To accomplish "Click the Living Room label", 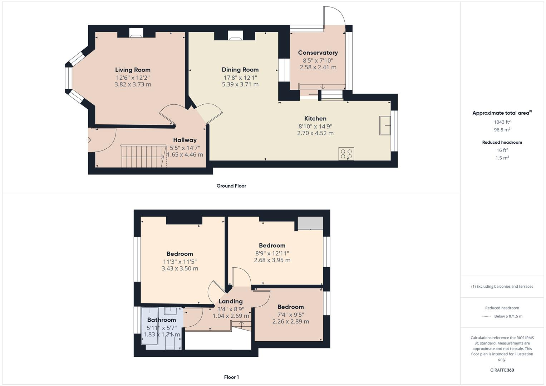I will [x=133, y=70].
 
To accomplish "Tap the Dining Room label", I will [x=240, y=70].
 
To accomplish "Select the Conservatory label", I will [x=318, y=53].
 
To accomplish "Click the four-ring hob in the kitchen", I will [x=346, y=154].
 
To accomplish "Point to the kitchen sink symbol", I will [x=385, y=125].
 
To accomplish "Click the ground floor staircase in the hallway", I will [x=143, y=156].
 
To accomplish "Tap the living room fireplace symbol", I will [x=136, y=33].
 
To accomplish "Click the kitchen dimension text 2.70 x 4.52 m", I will [x=315, y=133].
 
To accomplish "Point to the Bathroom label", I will [x=162, y=320].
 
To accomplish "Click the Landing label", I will [x=231, y=301].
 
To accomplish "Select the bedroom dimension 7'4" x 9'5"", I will [x=290, y=315].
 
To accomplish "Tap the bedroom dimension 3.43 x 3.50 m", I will [x=179, y=268].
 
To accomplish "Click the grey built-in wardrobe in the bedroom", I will [x=310, y=223].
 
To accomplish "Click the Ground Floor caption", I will [x=231, y=186].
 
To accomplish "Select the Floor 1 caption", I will [x=231, y=377].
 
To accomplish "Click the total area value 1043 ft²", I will [x=502, y=122].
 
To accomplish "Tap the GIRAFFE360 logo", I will [x=502, y=370].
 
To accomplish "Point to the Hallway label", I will [x=185, y=140].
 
